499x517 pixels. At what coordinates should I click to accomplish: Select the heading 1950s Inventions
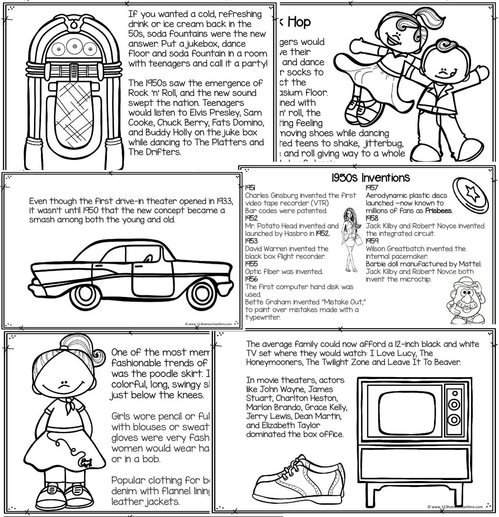[x=370, y=178]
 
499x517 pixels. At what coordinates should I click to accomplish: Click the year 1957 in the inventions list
[x=372, y=187]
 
